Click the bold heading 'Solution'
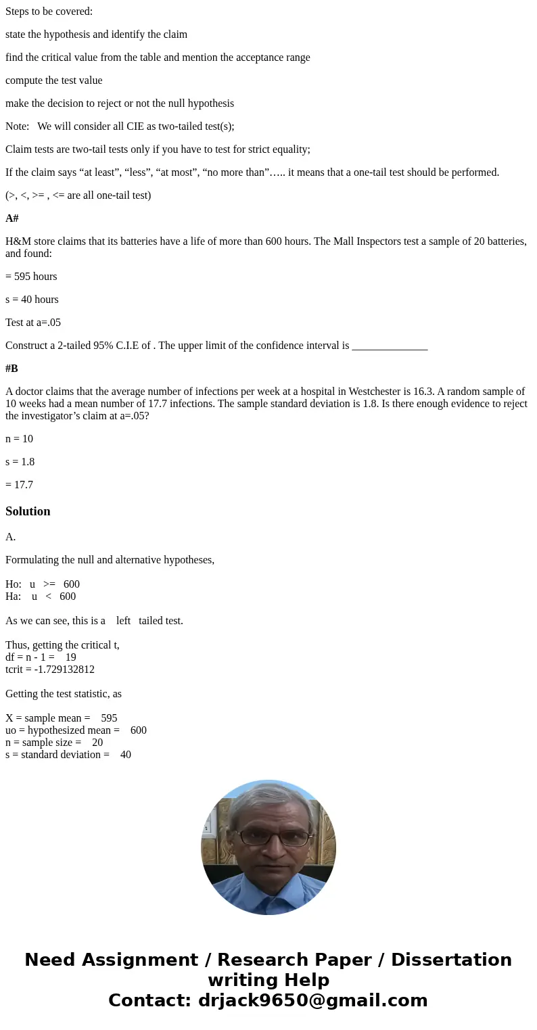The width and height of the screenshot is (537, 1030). pos(28,511)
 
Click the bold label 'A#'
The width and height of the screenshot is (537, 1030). pos(12,218)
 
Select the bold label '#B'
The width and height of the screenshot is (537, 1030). pos(12,369)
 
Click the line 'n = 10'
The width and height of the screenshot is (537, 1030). pos(19,439)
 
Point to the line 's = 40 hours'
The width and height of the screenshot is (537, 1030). pos(32,300)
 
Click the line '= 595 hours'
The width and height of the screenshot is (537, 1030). pos(31,277)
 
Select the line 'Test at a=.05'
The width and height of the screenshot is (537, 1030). pos(33,323)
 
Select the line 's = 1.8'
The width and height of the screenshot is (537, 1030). pos(20,462)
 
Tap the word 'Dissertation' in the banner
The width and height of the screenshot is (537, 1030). pos(451,960)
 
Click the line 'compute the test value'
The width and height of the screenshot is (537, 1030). pos(54,80)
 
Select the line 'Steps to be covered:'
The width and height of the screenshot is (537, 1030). pos(49,11)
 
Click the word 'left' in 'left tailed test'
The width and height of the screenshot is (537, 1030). pos(123,621)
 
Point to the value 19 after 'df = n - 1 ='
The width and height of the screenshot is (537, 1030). pos(71,657)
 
